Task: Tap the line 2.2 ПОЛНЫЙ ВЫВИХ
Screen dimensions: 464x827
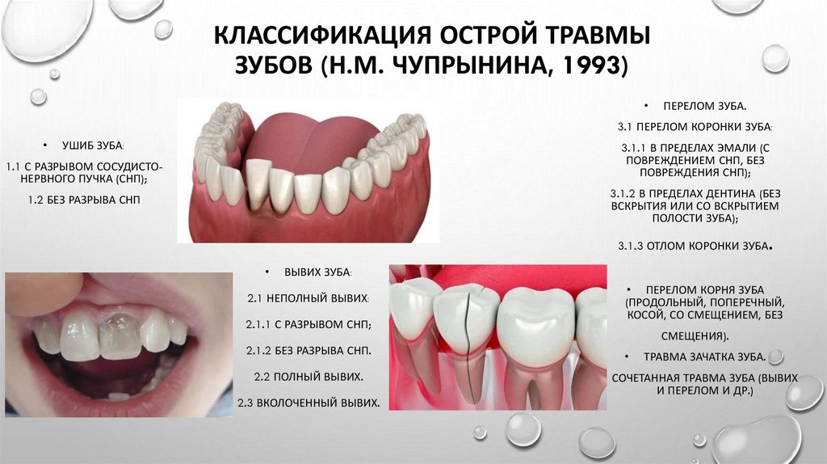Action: [x=310, y=377]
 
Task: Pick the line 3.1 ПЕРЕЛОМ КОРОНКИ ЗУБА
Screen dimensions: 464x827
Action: [x=695, y=128]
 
